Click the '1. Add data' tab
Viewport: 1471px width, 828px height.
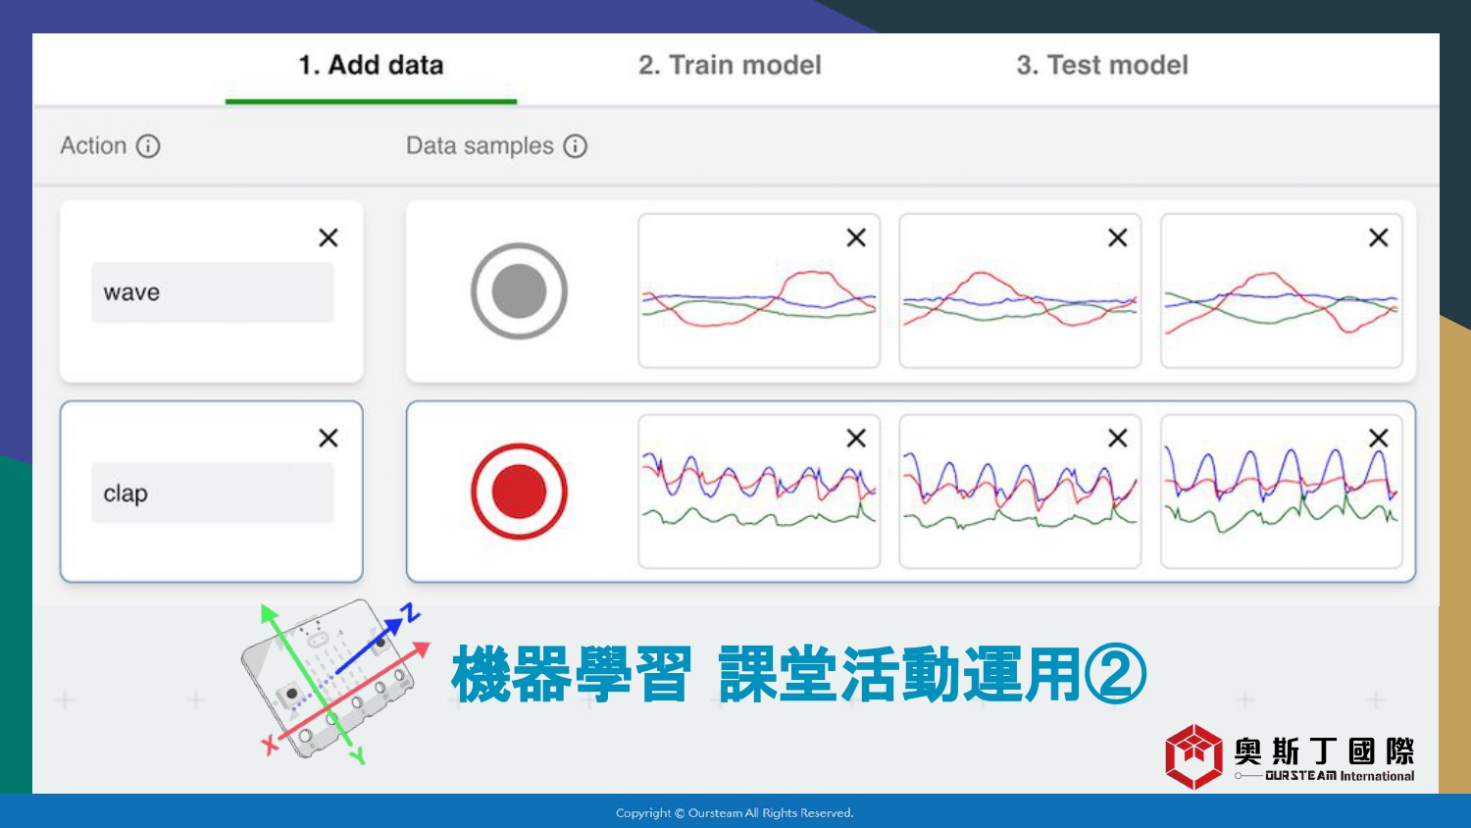[x=371, y=65]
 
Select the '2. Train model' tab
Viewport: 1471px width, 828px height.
[x=730, y=65]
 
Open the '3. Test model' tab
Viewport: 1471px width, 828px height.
[x=1102, y=65]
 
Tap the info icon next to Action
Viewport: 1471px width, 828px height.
[x=148, y=146]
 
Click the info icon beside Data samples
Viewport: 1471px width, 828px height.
[x=576, y=146]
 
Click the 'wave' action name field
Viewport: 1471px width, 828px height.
[x=213, y=292]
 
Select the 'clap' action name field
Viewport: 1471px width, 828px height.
[x=213, y=492]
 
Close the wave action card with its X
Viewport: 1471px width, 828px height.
[x=329, y=237]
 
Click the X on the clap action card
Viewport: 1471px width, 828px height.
[x=329, y=438]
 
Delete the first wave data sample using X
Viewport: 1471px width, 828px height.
[x=856, y=237]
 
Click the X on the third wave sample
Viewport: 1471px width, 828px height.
[x=1379, y=237]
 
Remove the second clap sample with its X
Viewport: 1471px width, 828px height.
[x=1118, y=438]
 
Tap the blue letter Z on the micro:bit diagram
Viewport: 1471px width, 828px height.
[x=411, y=612]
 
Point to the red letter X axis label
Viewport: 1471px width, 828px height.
[x=270, y=746]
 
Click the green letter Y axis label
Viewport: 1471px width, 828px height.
[x=358, y=755]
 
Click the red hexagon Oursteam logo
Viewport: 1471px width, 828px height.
[x=1193, y=756]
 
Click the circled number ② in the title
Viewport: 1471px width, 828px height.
[x=1115, y=675]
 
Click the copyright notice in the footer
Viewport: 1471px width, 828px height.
[x=735, y=813]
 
